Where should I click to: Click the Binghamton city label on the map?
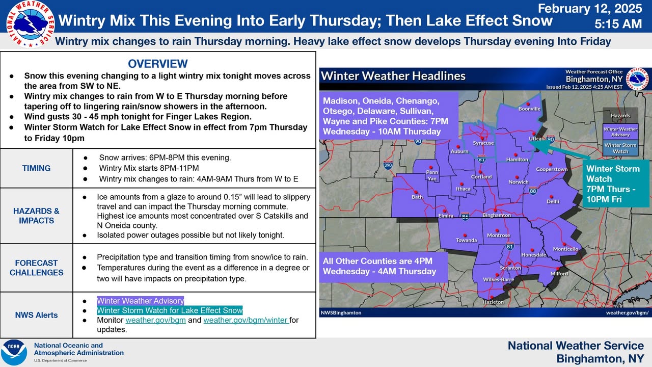click(x=497, y=215)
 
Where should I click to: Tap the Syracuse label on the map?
click(x=483, y=143)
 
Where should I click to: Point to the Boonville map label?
click(x=529, y=109)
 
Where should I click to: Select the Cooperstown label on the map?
click(x=552, y=169)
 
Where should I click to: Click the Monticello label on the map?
click(x=565, y=249)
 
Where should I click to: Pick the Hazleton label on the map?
click(x=493, y=302)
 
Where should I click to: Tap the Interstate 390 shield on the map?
click(x=388, y=165)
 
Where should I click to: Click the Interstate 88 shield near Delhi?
click(x=533, y=191)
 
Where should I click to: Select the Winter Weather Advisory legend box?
click(x=620, y=132)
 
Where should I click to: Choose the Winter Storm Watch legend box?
click(x=620, y=148)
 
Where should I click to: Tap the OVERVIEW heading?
click(x=158, y=64)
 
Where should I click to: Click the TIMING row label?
click(x=36, y=168)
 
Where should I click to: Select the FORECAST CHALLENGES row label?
click(x=36, y=268)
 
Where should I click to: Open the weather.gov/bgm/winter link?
click(x=246, y=320)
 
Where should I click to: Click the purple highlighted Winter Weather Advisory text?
click(x=140, y=301)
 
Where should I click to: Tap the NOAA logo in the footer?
click(x=14, y=352)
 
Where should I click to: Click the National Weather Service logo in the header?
click(x=30, y=24)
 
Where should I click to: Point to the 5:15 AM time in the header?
click(x=618, y=24)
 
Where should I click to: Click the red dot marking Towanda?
click(x=465, y=235)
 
